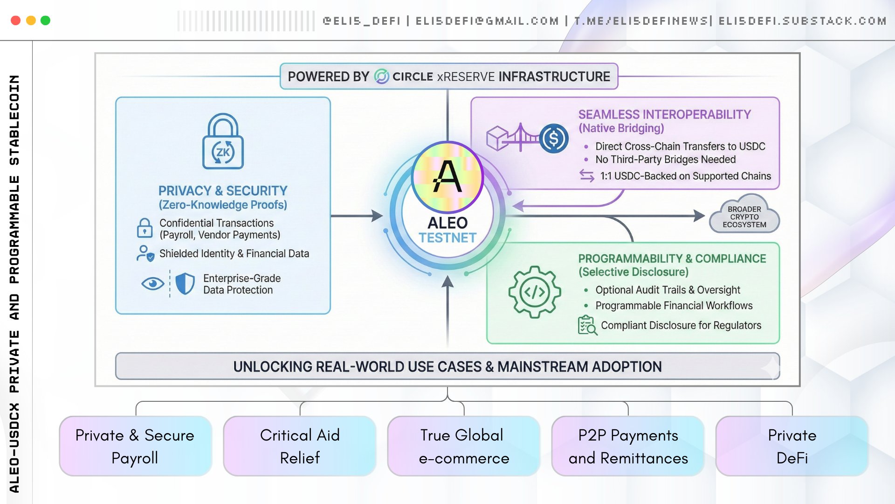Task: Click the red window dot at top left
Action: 15,21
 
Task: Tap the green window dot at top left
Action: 45,21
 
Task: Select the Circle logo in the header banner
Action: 381,77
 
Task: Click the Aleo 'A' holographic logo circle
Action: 447,177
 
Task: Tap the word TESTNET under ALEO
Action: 447,238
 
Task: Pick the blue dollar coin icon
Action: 554,139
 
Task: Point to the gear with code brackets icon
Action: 534,292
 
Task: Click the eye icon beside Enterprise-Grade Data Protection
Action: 152,283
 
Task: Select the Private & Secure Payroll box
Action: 135,446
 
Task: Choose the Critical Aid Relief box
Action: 300,446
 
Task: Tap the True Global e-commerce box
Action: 464,446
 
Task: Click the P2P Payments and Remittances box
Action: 628,446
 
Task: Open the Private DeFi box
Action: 792,446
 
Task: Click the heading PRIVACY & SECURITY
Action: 223,191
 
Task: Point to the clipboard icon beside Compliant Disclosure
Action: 587,325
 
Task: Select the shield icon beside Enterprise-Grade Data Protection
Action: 185,283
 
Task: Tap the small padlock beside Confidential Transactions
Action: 145,228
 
